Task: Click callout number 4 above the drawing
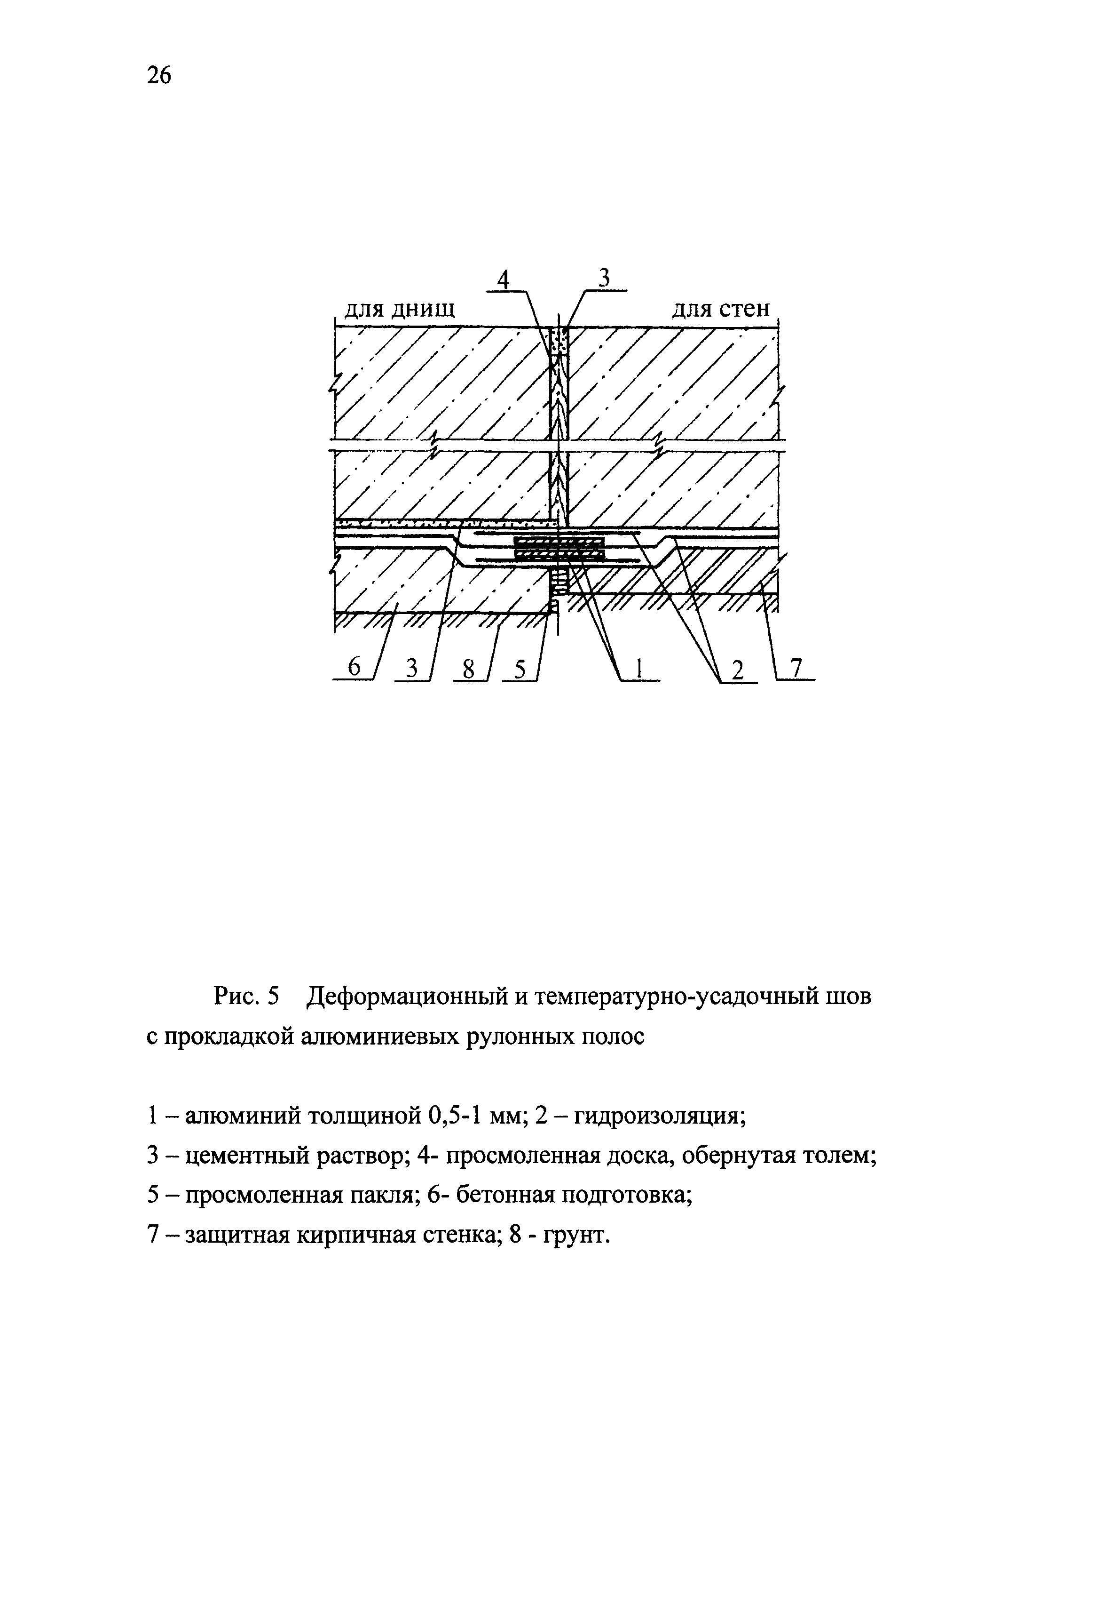click(503, 280)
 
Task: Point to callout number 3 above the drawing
click(604, 278)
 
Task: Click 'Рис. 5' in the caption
click(246, 997)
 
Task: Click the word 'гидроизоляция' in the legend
click(662, 1116)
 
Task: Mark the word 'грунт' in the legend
click(575, 1237)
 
